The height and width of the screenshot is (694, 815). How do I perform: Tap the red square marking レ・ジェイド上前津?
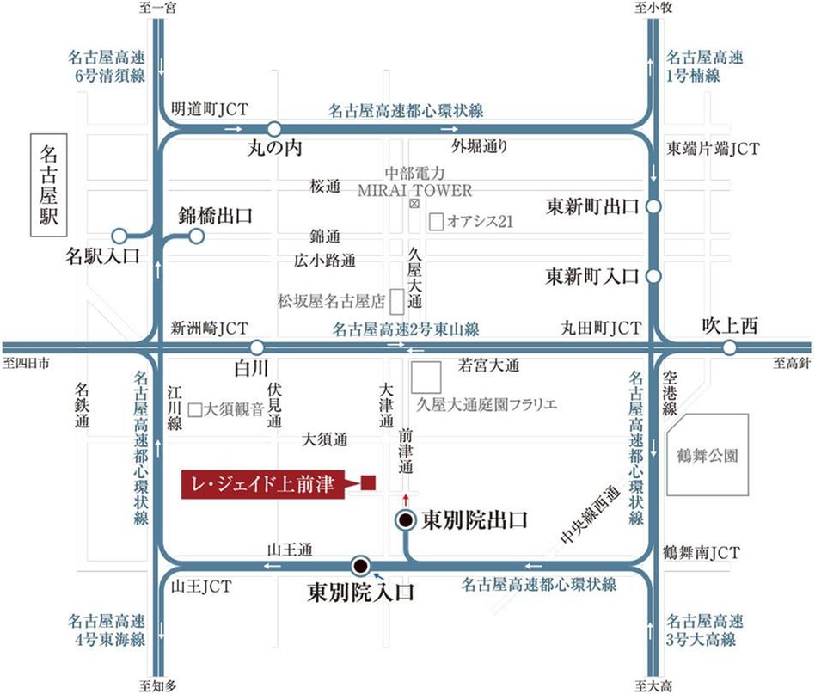(x=367, y=483)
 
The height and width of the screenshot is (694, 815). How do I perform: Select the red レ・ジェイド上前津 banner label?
(x=262, y=484)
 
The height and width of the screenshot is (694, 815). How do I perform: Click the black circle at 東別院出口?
(x=405, y=520)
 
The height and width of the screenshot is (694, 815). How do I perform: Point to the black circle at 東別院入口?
(x=361, y=565)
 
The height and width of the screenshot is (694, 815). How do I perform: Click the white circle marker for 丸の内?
(x=273, y=129)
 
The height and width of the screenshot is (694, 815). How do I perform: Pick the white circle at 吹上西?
(x=729, y=347)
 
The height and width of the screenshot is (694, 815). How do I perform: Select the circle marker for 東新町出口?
(x=653, y=206)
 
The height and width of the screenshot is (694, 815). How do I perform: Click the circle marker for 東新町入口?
(x=653, y=277)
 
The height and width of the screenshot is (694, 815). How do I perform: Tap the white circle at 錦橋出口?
(x=196, y=235)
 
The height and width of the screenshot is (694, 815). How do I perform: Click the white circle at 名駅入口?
(x=119, y=235)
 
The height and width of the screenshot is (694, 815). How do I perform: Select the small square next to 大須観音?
(x=195, y=410)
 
